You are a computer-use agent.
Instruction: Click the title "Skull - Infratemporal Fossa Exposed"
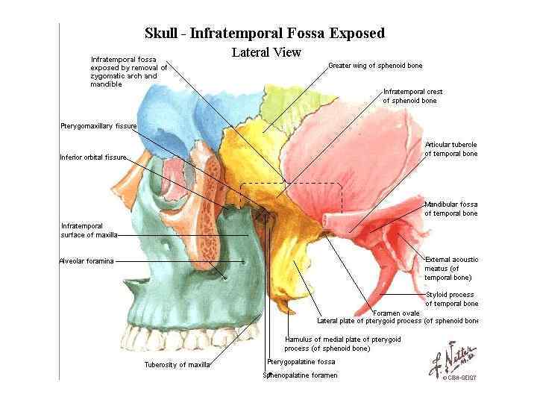pos(265,33)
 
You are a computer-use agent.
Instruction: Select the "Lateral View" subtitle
pos(266,52)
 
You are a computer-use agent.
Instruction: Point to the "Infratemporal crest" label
pos(412,96)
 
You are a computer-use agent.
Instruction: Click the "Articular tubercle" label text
pos(450,149)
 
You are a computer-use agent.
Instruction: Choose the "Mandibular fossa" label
pos(450,208)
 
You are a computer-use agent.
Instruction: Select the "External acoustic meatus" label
pos(450,268)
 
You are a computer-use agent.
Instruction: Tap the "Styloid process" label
pos(450,299)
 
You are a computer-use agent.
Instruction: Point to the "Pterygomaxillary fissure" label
pos(98,126)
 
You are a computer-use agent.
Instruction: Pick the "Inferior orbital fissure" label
pos(93,157)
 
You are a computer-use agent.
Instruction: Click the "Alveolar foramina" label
pos(86,261)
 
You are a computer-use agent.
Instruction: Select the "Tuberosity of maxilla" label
pos(177,365)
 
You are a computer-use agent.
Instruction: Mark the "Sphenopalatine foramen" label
pos(300,375)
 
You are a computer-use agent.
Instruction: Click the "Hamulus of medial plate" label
pos(342,343)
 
